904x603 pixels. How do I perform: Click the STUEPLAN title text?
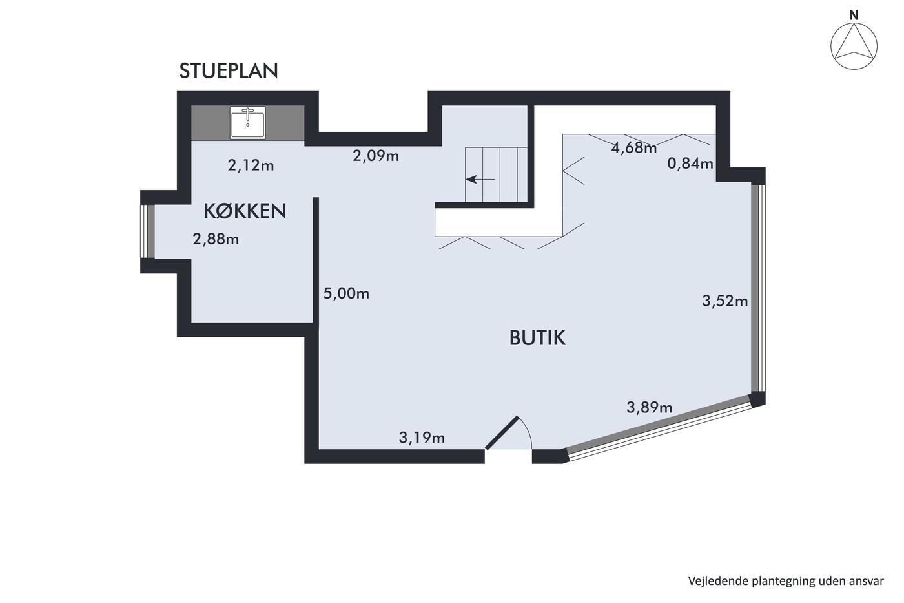pos(229,70)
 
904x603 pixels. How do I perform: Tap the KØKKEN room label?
pos(245,211)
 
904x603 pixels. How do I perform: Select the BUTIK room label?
pos(537,337)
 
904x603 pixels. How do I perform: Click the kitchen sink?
pos(248,122)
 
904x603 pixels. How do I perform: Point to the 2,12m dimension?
pos(251,165)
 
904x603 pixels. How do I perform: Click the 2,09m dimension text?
pos(376,156)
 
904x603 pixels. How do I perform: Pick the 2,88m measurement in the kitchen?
pos(216,239)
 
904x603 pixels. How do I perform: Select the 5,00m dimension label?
pos(346,293)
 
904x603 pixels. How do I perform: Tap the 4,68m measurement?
pos(634,148)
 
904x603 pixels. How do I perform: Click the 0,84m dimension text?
pos(690,163)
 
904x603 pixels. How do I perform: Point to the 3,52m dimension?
pos(724,301)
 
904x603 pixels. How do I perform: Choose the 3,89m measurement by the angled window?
pos(650,407)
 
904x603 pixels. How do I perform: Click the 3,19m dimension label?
pos(422,438)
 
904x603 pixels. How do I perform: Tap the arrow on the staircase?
pos(480,179)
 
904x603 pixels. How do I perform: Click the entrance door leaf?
pos(502,432)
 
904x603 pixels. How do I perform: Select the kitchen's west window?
pos(147,231)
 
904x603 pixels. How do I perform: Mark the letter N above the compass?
pos(854,16)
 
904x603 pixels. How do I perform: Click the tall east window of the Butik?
pos(758,288)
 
